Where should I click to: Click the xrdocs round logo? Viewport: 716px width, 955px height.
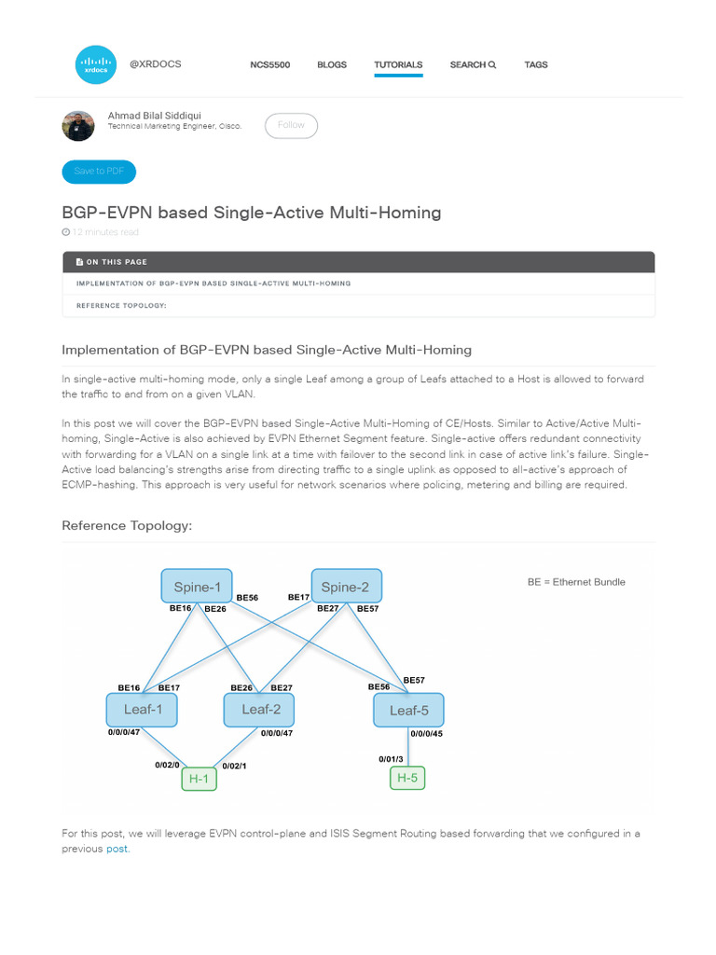[x=95, y=65]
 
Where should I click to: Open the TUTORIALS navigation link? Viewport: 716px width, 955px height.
[x=398, y=65]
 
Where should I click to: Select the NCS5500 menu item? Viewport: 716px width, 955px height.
[x=269, y=65]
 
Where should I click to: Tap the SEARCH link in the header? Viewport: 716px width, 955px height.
[x=473, y=65]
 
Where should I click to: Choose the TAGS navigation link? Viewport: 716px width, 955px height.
[x=536, y=65]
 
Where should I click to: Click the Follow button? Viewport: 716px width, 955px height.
[x=291, y=125]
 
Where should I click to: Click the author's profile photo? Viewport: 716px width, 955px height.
[x=78, y=125]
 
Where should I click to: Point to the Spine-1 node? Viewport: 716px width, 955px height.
[x=197, y=587]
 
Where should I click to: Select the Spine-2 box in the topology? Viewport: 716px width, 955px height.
[x=346, y=587]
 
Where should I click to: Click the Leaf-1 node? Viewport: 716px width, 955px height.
[x=142, y=710]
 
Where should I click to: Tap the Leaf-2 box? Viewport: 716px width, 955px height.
[x=259, y=710]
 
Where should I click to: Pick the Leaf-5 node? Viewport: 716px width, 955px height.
[x=408, y=711]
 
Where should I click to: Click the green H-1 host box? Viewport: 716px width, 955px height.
[x=199, y=779]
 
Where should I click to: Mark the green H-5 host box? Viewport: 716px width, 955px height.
[x=406, y=778]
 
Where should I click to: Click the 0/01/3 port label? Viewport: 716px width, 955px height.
[x=391, y=759]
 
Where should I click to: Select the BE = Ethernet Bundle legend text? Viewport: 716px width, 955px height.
[x=576, y=582]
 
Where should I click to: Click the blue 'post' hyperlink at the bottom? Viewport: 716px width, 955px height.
[x=117, y=849]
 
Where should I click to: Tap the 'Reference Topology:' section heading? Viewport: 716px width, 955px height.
[x=127, y=525]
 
